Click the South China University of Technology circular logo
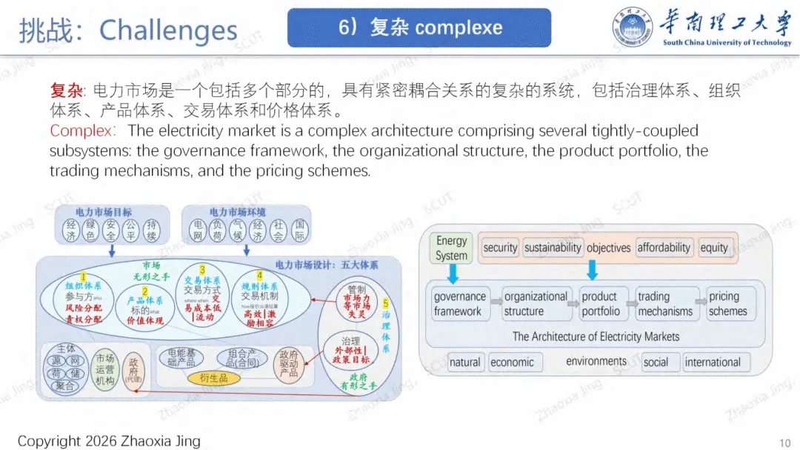tap(632, 28)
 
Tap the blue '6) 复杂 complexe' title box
tap(419, 28)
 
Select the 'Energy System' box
tap(451, 248)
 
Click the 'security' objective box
tap(500, 248)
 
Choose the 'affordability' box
tap(664, 248)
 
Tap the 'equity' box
tap(714, 248)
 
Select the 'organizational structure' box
tap(533, 304)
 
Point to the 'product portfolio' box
tap(601, 304)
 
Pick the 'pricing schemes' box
tap(729, 304)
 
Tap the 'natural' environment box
tap(464, 363)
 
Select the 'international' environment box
tap(713, 363)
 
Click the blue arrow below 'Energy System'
tap(453, 273)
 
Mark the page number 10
tap(785, 441)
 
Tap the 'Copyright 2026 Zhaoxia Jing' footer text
tap(109, 441)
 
